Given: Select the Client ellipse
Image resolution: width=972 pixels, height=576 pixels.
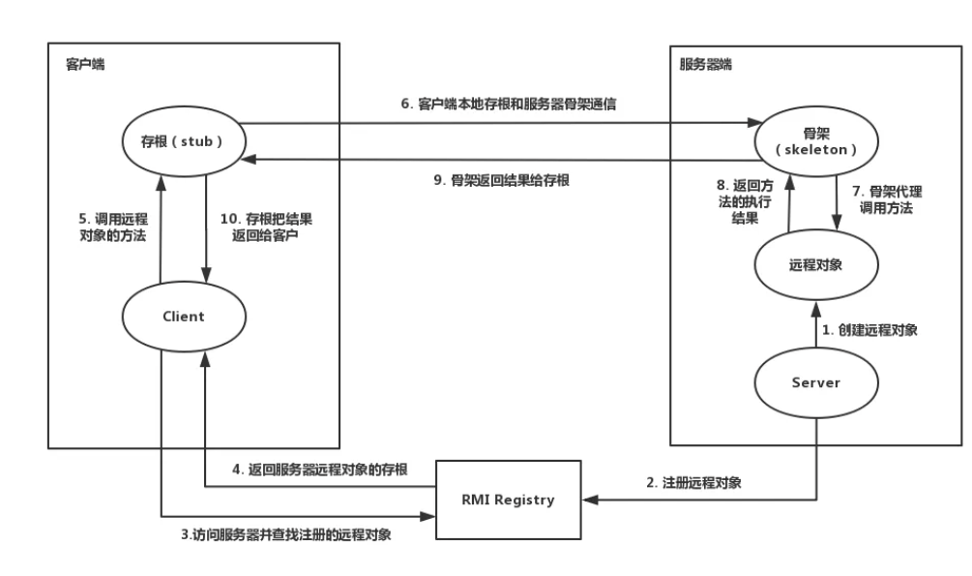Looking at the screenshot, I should tap(183, 317).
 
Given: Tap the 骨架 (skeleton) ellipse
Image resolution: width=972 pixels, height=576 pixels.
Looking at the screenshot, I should tap(816, 140).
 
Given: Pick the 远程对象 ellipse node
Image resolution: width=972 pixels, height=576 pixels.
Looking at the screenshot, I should tap(816, 263).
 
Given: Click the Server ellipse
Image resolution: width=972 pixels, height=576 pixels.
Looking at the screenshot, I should tap(816, 382).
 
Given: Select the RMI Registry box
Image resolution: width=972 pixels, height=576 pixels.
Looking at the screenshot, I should tap(509, 500).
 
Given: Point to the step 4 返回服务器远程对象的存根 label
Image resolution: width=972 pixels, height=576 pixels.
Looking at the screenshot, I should tap(320, 470).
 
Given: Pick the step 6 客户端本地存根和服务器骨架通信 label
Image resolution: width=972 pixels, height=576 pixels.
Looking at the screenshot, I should tap(509, 105).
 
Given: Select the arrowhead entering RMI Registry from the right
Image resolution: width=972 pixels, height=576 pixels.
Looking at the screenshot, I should tap(588, 500).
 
